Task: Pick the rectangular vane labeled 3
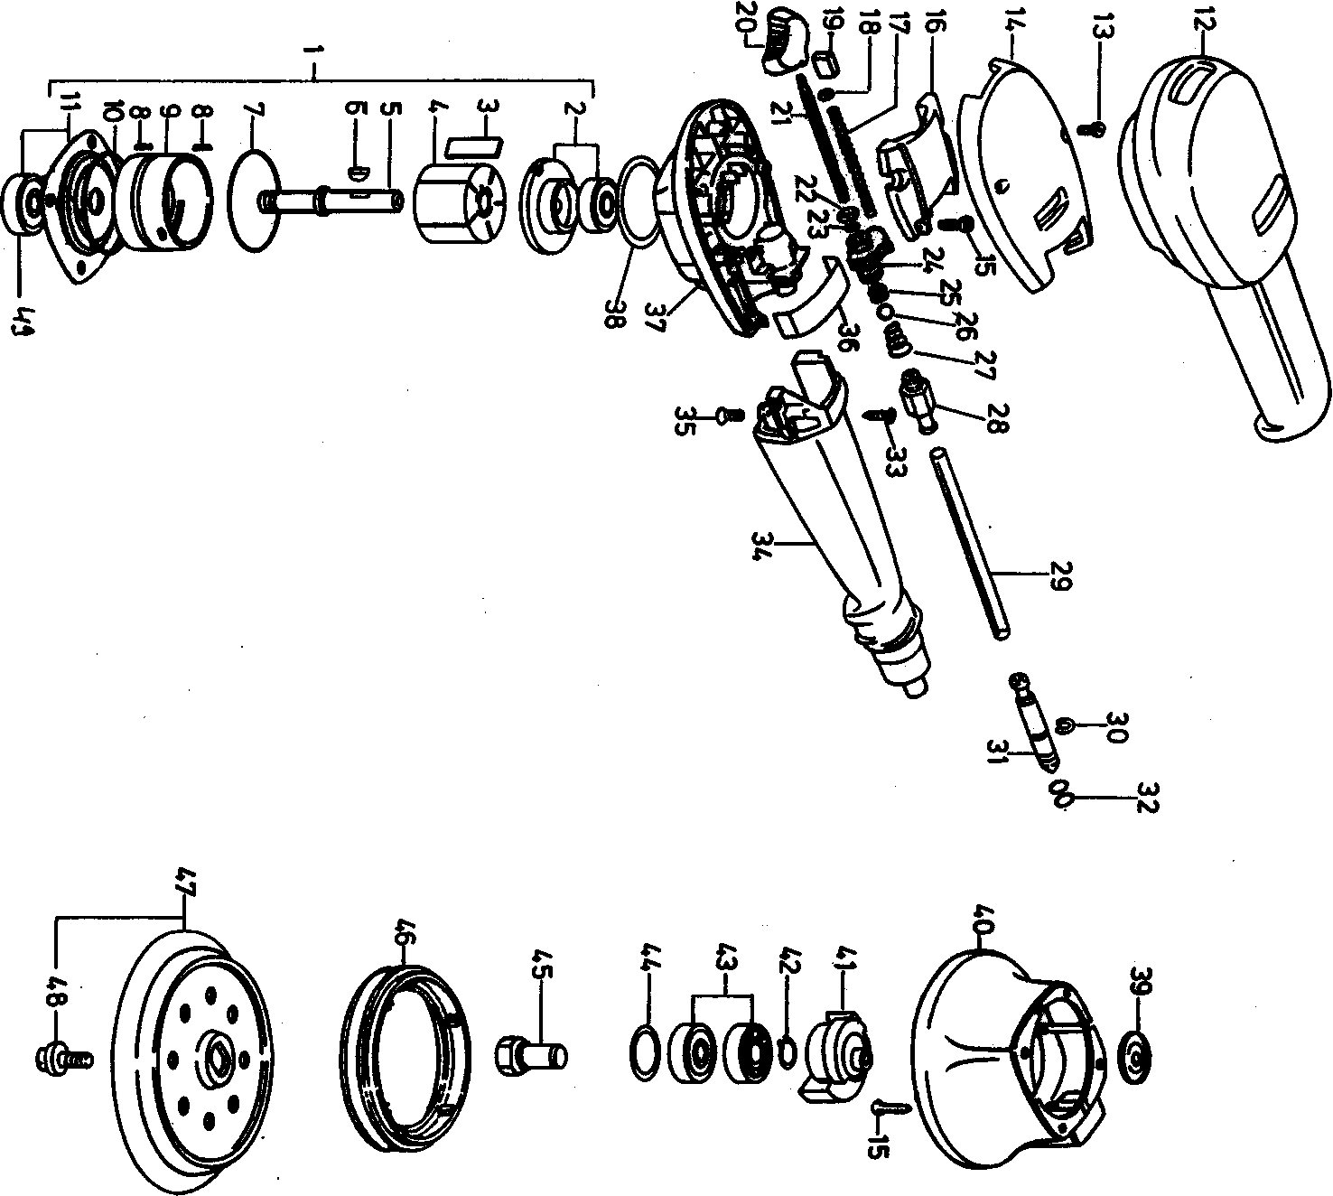click(x=475, y=145)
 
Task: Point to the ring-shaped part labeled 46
click(x=404, y=1042)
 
